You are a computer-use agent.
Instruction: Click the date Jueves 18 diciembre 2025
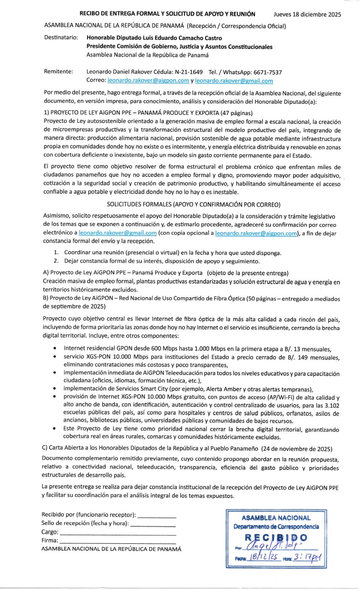[x=307, y=14]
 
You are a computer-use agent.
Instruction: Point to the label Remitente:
[x=59, y=72]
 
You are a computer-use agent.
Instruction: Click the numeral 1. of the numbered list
[x=56, y=253]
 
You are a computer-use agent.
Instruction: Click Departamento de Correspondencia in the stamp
[x=276, y=527]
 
